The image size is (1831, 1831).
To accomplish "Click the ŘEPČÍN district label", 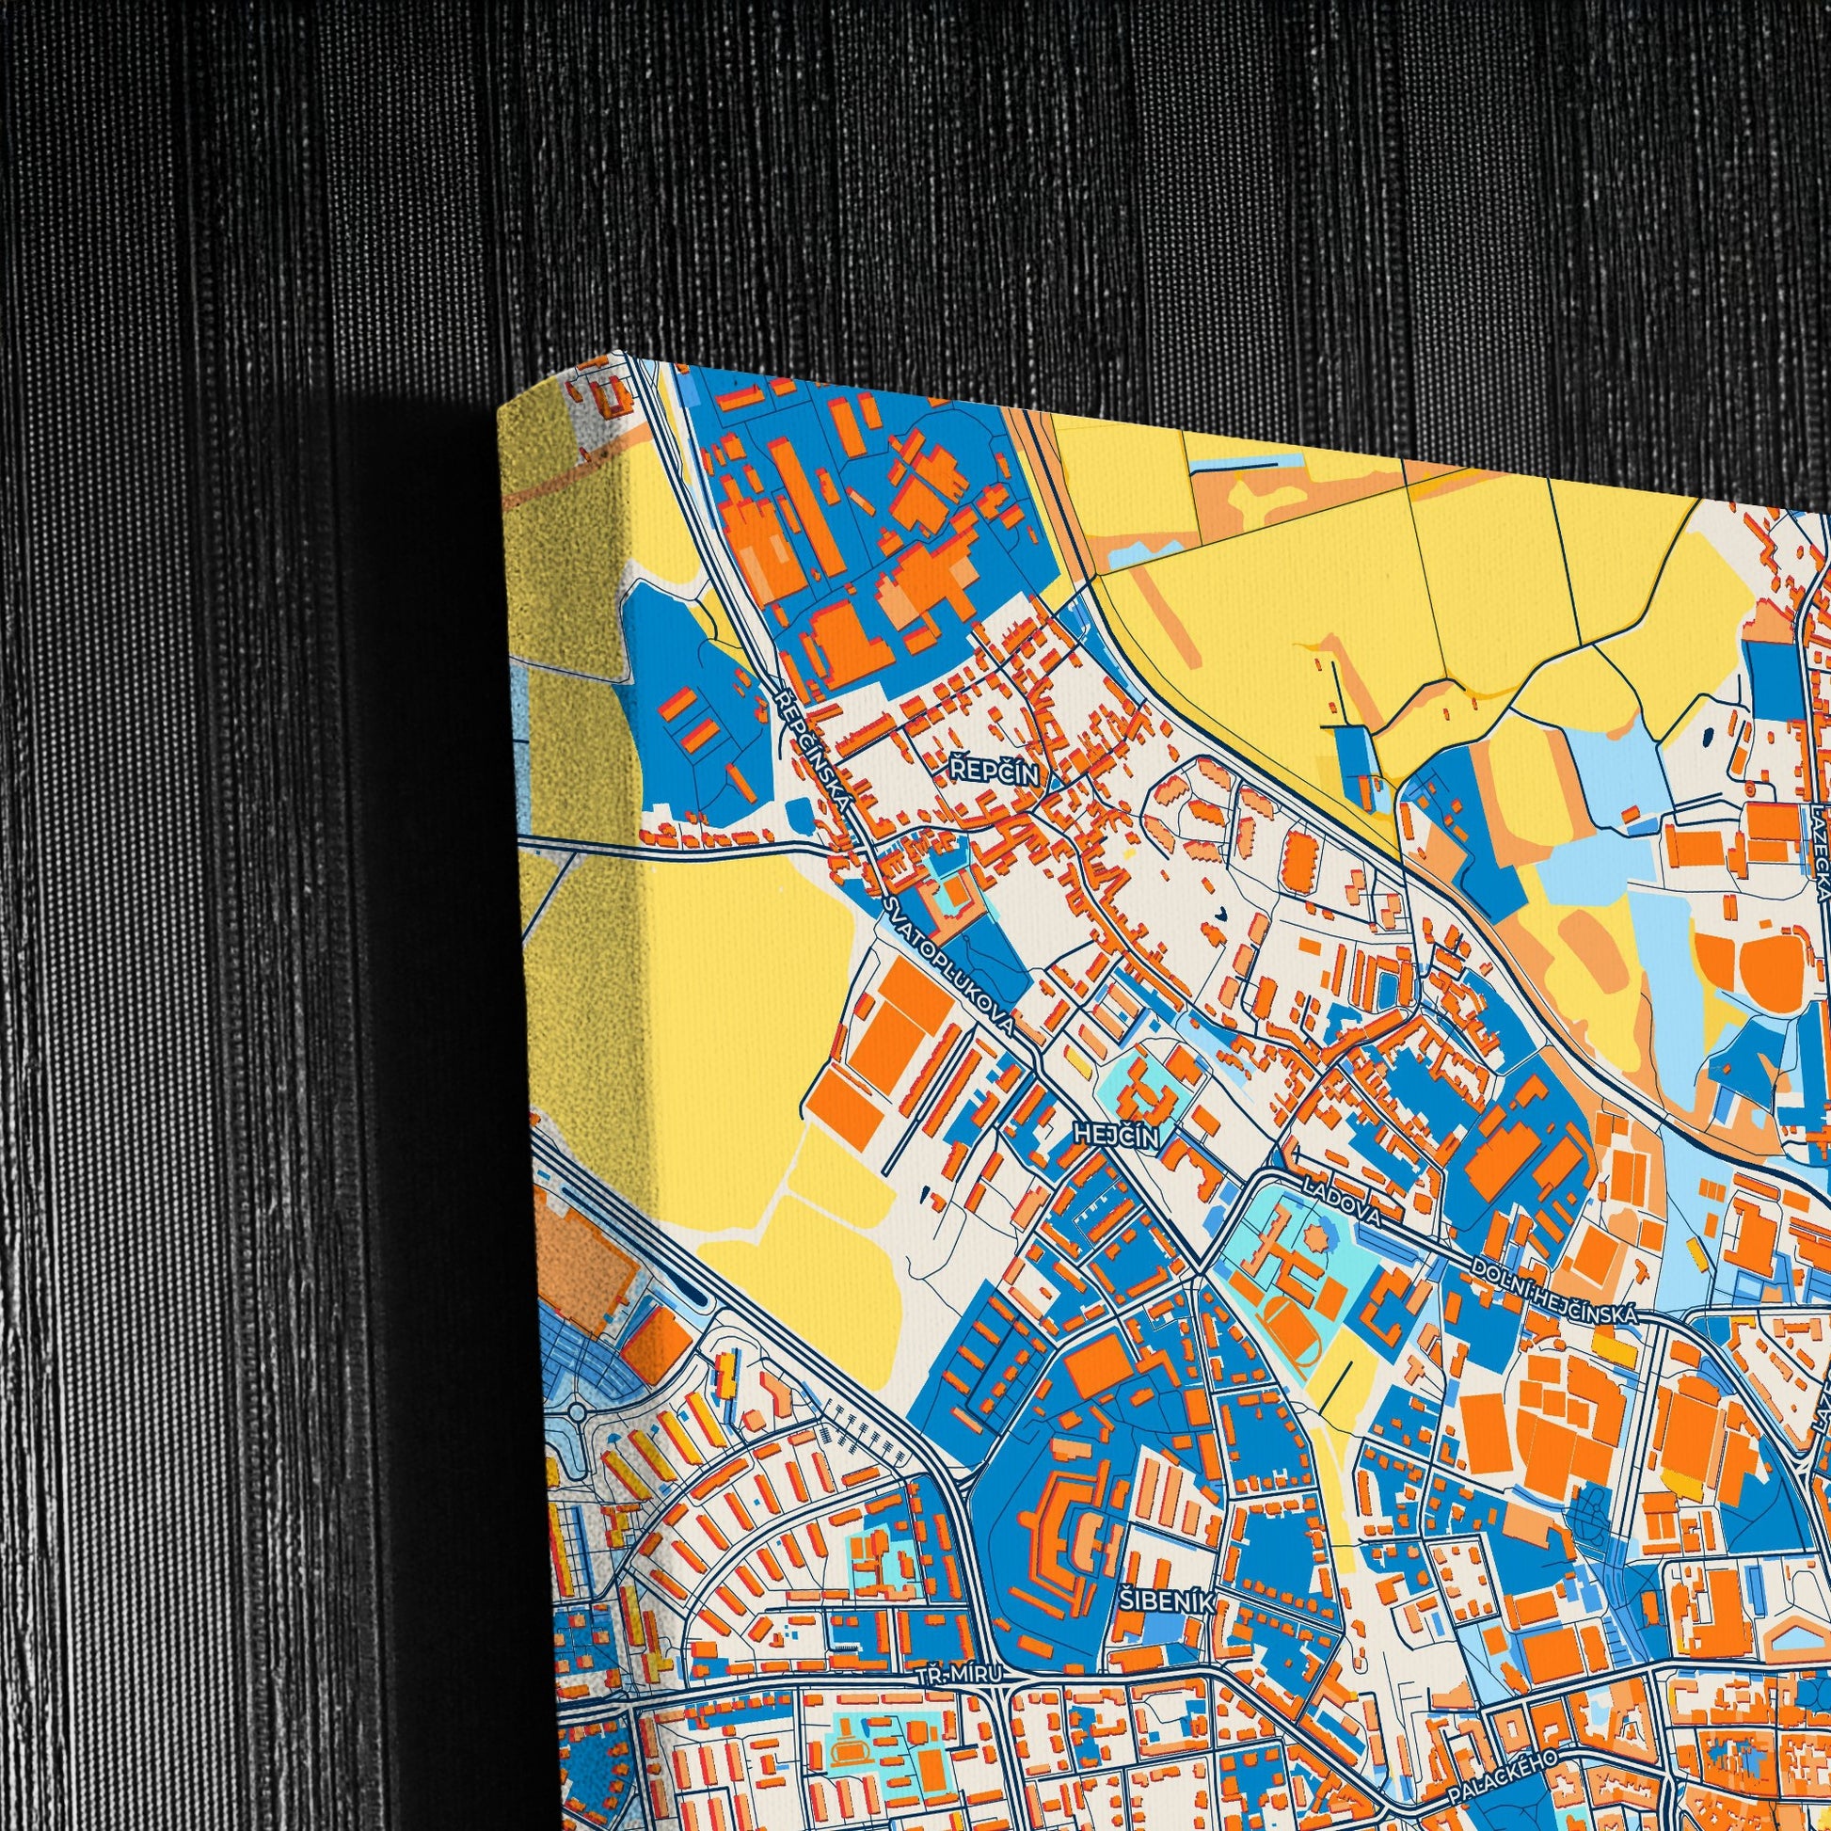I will coord(995,773).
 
